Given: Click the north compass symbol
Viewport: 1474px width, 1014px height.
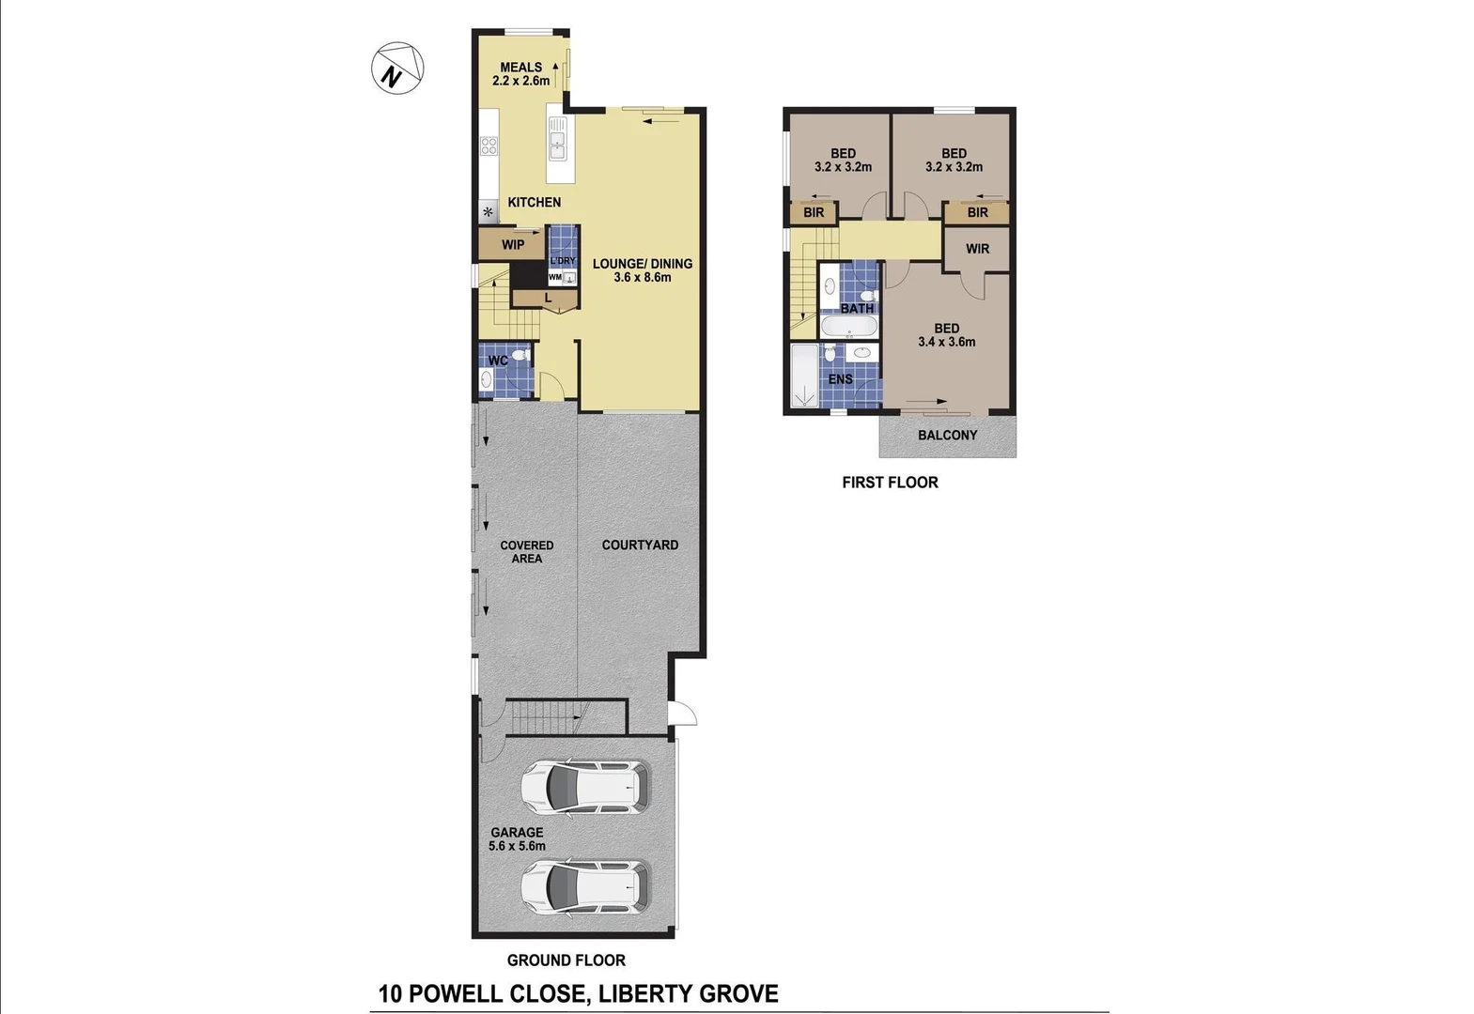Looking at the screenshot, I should click(396, 68).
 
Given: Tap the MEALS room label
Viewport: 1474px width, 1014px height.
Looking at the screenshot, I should click(520, 68).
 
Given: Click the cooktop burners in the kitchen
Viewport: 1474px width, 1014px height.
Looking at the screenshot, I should click(489, 146).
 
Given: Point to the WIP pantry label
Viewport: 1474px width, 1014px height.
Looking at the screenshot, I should click(513, 245).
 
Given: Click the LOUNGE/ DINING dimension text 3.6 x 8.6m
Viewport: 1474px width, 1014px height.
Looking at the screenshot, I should click(643, 277).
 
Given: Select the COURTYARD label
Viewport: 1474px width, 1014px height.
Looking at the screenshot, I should click(640, 545).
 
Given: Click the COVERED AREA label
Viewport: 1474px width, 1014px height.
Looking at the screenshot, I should click(526, 552).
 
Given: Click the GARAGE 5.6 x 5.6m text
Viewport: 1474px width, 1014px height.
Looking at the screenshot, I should click(517, 838).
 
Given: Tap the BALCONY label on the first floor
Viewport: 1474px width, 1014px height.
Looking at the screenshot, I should click(947, 436).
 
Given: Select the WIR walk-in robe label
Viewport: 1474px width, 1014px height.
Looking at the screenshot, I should click(977, 249).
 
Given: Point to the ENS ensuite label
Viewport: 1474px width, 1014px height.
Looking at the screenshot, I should click(840, 379).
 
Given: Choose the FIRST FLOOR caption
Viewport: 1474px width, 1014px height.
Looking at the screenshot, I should click(890, 483).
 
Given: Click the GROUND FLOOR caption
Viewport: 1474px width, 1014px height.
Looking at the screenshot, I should click(566, 960).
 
